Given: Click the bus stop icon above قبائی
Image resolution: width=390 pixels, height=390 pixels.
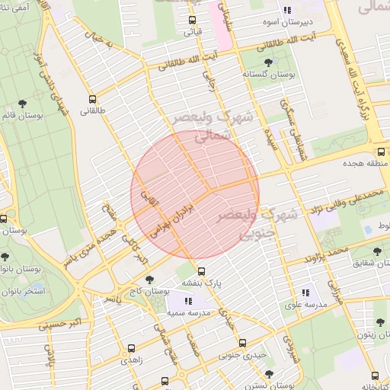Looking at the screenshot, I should point(191,21).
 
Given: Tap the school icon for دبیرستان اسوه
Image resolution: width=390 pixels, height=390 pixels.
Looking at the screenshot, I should point(287,11).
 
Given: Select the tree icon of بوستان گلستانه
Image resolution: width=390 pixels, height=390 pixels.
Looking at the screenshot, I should point(267,62).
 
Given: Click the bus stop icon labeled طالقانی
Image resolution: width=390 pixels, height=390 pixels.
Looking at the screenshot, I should point(93,98).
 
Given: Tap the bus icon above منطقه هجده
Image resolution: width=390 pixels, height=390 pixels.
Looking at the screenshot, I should point(381,151).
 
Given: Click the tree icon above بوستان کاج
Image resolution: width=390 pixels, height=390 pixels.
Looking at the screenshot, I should point(149,279).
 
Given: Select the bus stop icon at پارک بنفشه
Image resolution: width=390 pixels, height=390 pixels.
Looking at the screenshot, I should point(201,271).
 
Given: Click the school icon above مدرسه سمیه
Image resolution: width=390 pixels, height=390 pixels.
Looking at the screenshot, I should point(188,301).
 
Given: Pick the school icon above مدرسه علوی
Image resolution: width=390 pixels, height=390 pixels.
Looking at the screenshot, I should point(305,292).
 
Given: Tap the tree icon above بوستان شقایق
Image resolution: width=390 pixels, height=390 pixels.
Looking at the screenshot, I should point(377,251).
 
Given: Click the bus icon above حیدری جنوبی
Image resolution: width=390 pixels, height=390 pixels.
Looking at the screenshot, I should point(242,343).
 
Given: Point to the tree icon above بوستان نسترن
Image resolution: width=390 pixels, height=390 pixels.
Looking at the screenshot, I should point(268,373).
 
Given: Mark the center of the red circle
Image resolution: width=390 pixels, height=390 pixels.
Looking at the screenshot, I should point(195,195).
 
